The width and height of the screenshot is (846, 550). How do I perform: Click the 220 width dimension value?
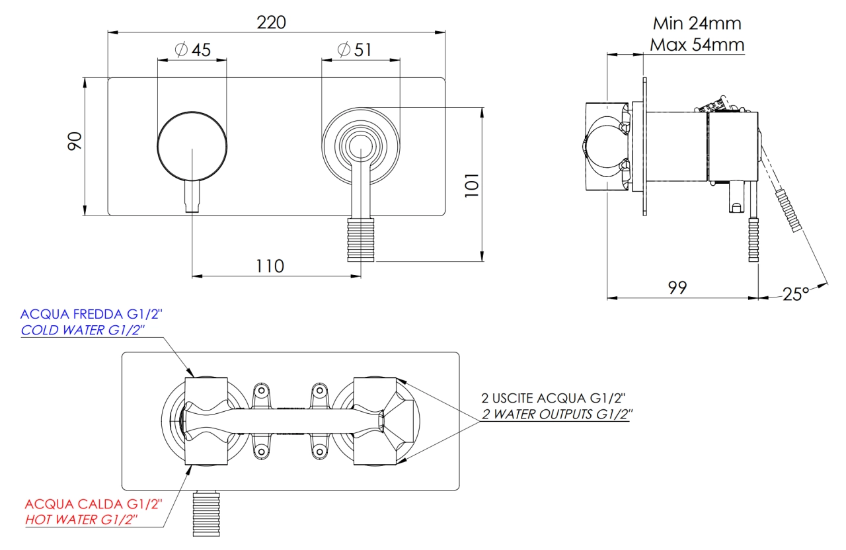271,22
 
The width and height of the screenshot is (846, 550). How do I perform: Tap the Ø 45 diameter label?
193,50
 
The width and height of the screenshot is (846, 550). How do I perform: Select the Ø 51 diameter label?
354,50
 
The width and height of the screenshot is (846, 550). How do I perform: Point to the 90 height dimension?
75,141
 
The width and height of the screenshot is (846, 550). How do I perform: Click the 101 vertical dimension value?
472,185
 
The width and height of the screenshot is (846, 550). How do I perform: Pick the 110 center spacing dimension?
270,266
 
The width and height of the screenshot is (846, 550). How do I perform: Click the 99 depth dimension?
677,288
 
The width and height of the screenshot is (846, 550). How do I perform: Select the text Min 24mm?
697,23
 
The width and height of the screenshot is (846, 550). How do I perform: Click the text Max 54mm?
697,45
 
